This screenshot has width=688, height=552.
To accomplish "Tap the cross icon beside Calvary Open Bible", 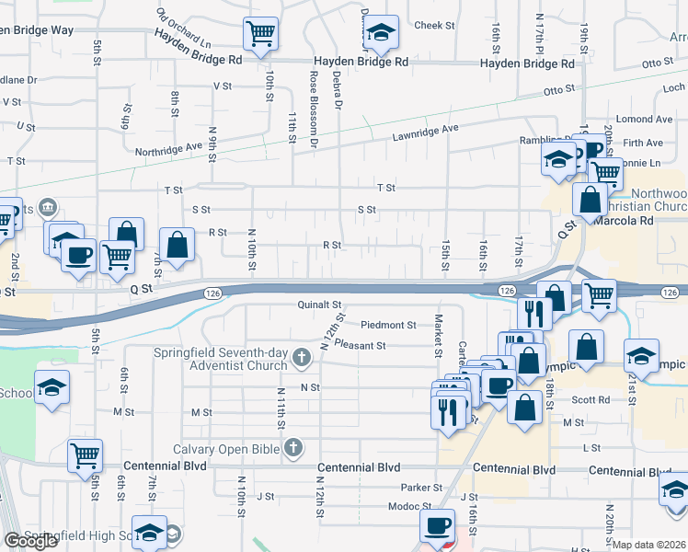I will click(293, 449).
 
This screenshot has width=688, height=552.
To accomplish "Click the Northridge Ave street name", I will click(168, 148).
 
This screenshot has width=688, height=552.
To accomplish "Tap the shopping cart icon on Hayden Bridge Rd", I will click(261, 34).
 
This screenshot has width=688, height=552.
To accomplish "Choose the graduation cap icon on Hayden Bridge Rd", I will click(380, 34).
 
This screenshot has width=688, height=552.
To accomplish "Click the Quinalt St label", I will click(319, 305).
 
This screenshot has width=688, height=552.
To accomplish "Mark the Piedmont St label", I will click(389, 325).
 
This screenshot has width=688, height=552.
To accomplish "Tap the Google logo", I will click(30, 541).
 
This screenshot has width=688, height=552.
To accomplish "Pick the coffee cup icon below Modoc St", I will click(437, 526).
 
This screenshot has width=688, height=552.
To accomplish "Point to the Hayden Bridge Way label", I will click(37, 30).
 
